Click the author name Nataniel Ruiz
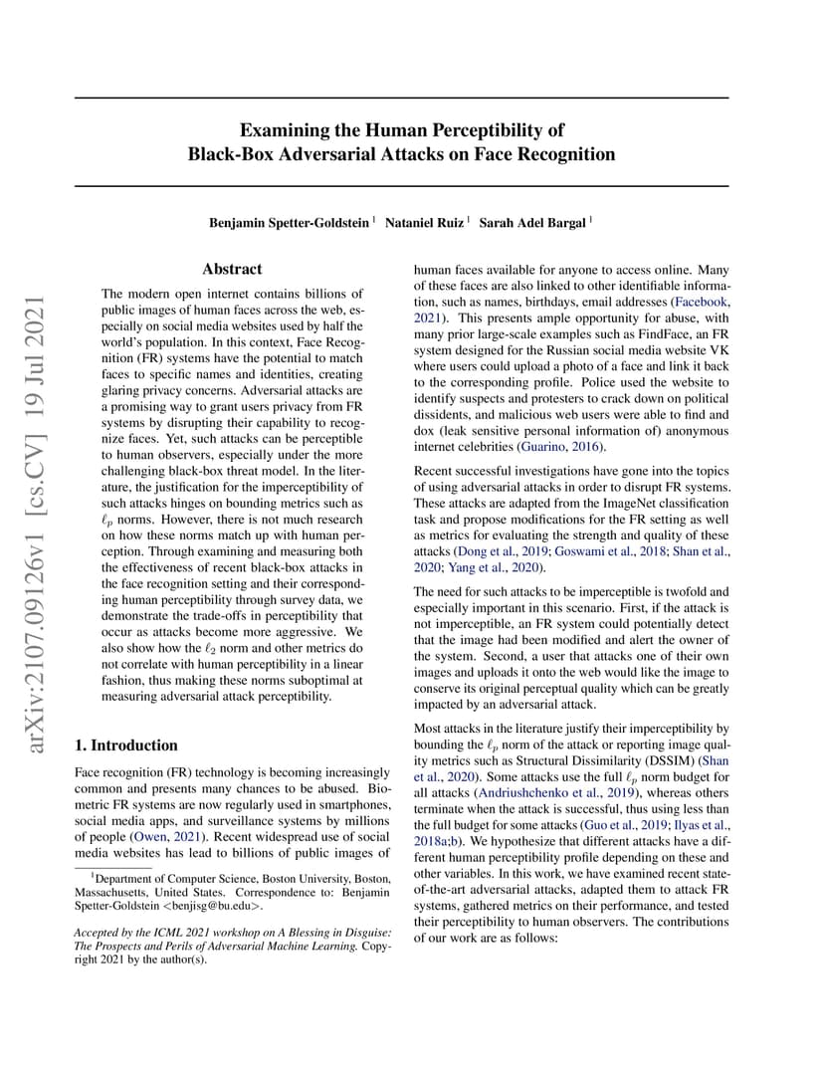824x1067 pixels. click(x=424, y=223)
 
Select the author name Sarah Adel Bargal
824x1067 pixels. click(x=532, y=223)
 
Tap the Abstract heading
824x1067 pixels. click(x=232, y=269)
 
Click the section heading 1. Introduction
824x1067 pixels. click(x=126, y=745)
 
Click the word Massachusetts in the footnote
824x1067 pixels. click(x=109, y=893)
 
